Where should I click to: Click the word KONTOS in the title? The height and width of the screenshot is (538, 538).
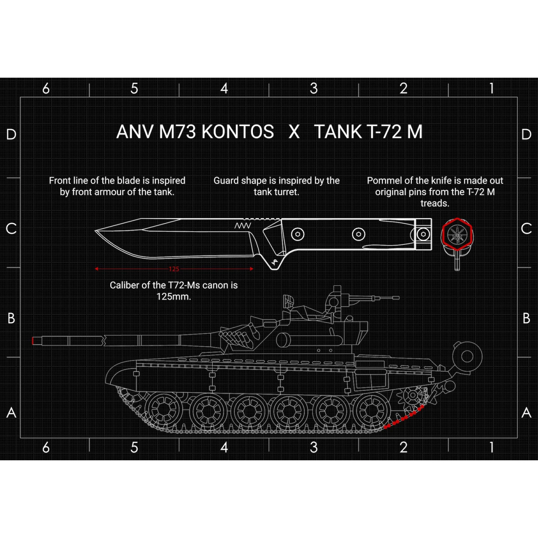pyautogui.click(x=238, y=131)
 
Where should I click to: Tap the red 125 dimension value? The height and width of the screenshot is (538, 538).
pyautogui.click(x=174, y=269)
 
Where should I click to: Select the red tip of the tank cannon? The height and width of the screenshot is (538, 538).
pyautogui.click(x=33, y=341)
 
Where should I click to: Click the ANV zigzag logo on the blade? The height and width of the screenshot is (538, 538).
pyautogui.click(x=242, y=226)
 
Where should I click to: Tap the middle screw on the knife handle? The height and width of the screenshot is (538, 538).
pyautogui.click(x=358, y=234)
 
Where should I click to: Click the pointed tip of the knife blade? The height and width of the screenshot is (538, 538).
pyautogui.click(x=96, y=231)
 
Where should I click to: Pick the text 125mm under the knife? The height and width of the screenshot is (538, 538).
pyautogui.click(x=174, y=297)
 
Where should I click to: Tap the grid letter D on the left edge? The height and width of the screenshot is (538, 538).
pyautogui.click(x=11, y=134)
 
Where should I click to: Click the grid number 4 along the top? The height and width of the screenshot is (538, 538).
pyautogui.click(x=224, y=89)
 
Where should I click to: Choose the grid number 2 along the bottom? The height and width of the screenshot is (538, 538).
pyautogui.click(x=403, y=448)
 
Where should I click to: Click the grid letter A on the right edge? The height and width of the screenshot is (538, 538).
pyautogui.click(x=526, y=413)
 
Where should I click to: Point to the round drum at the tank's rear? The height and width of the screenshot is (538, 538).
pyautogui.click(x=467, y=356)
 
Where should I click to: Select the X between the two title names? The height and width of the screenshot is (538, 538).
pyautogui.click(x=294, y=131)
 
